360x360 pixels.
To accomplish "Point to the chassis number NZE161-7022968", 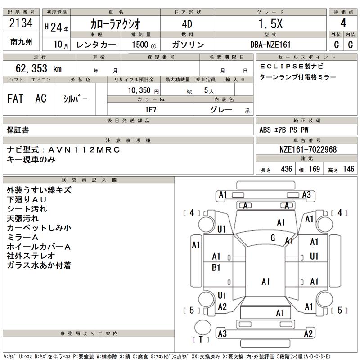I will (x=306, y=149).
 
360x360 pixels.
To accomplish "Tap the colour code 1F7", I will (x=150, y=109).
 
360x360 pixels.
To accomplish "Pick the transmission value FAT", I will (x=15, y=99).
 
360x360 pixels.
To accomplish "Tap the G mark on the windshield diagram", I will (x=273, y=238).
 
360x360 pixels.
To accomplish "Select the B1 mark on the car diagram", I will (x=216, y=268).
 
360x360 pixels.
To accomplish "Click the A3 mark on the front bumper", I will (x=306, y=195).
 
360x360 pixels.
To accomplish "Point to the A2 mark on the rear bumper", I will (x=308, y=333).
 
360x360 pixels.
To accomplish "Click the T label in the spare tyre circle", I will (x=201, y=339).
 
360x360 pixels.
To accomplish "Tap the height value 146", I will (x=348, y=169).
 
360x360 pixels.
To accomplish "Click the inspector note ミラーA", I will (x=23, y=237).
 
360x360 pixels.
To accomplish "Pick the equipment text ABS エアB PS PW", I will (x=284, y=130).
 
